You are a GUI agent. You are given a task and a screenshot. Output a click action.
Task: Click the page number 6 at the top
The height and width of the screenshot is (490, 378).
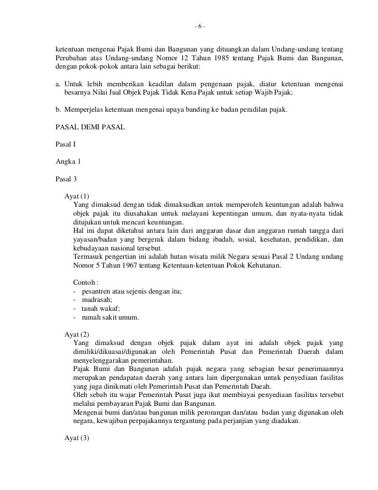coord(199,27)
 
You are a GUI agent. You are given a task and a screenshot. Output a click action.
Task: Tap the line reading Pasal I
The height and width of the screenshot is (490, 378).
coord(65,144)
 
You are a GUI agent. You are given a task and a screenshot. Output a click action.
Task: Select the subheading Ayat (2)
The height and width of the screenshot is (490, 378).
coord(77,335)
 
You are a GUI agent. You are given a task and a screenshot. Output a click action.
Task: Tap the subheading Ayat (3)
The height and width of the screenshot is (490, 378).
coord(77,438)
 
